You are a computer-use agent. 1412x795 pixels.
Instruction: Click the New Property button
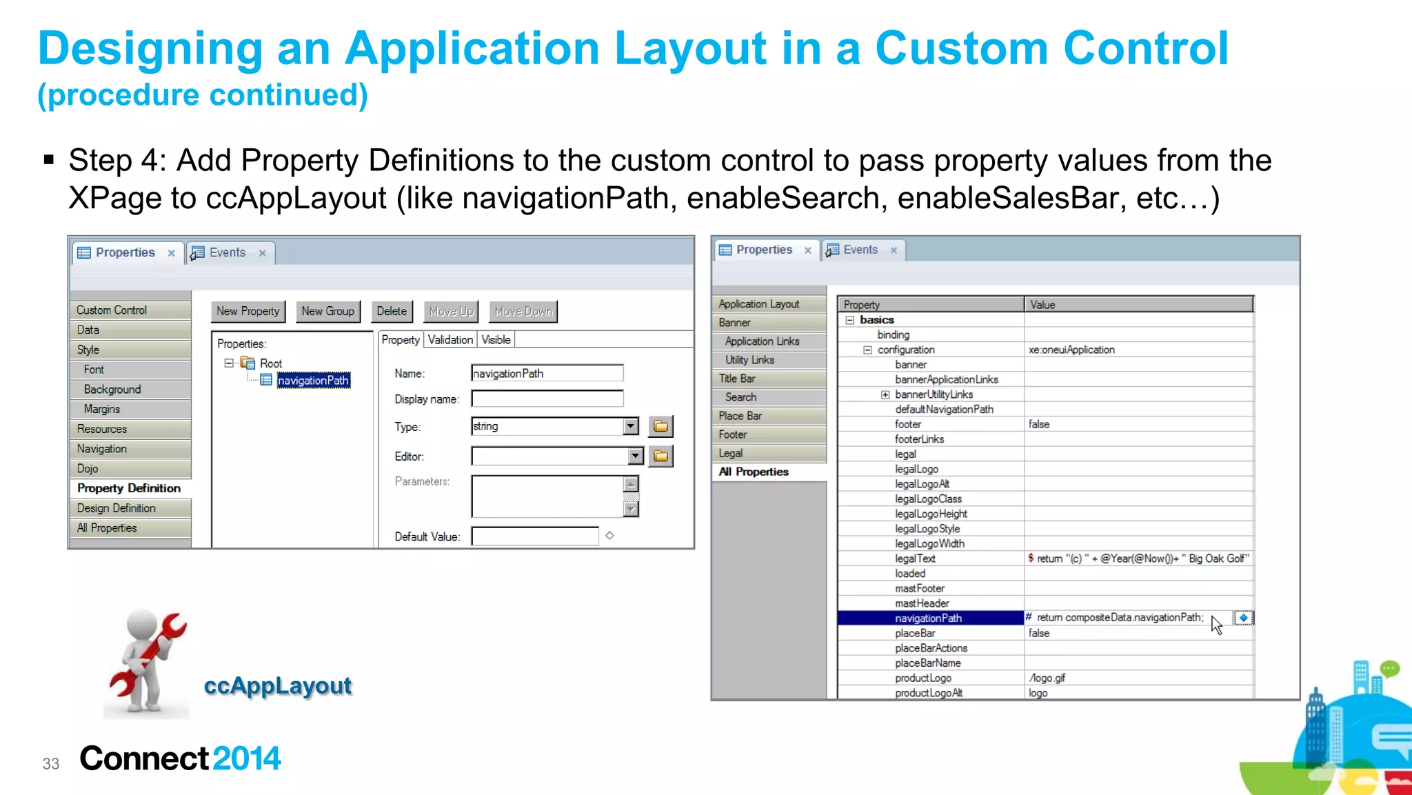248,312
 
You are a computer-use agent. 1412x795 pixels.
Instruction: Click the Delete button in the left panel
392,312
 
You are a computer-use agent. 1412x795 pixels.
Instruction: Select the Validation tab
450,340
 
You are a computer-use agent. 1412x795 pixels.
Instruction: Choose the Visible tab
496,340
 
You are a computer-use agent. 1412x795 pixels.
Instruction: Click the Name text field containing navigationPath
547,374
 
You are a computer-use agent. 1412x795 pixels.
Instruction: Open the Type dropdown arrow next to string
631,427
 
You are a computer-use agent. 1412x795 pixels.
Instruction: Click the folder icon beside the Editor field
660,456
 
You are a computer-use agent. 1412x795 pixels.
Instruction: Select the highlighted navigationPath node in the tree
314,381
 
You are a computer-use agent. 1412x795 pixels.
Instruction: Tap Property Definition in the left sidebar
129,488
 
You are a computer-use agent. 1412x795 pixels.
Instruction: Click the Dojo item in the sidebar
88,469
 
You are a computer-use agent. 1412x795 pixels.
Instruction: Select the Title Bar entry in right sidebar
737,379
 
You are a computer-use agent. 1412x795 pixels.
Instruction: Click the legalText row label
915,558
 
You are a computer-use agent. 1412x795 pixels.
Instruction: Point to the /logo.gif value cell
1047,678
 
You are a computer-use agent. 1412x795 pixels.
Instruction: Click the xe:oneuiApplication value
1071,350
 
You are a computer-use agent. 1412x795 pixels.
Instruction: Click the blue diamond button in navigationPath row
1243,618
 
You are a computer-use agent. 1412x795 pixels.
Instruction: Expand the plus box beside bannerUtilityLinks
885,395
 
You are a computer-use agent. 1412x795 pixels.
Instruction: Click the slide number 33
51,764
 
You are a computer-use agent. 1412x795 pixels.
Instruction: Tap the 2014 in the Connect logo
247,758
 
